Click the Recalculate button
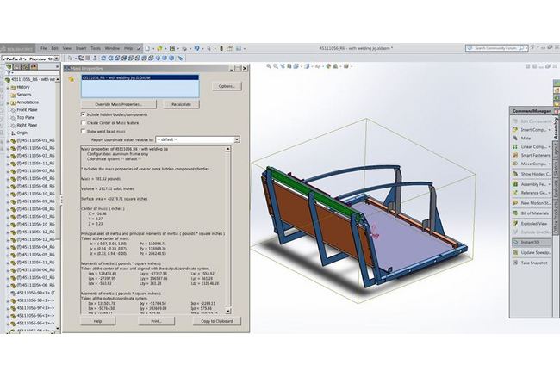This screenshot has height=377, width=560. point(181,103)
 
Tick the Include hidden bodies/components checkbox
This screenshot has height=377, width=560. point(83,114)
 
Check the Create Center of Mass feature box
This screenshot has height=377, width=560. point(83,122)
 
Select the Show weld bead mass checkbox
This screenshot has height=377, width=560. point(83,131)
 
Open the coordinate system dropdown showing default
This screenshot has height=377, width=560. point(197,139)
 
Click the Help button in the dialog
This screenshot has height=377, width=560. point(97,320)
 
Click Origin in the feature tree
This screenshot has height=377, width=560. point(22,133)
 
